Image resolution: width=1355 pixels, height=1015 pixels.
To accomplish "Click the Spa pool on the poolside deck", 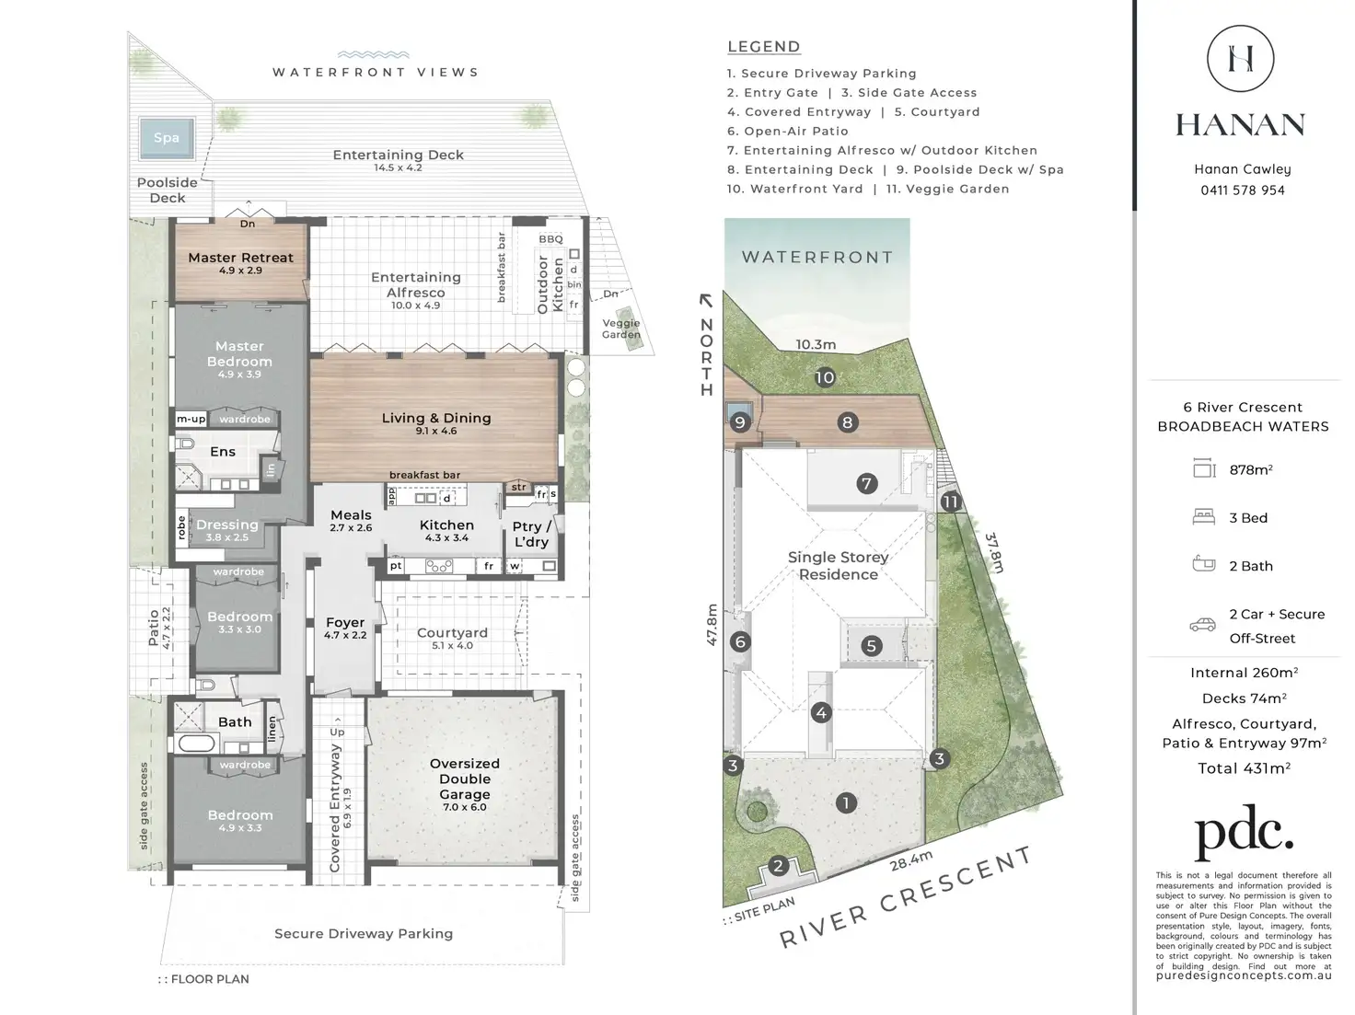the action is click(167, 138).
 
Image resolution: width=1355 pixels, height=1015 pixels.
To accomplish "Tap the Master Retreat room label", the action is click(240, 259).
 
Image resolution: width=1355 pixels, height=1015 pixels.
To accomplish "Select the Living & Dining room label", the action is click(435, 419).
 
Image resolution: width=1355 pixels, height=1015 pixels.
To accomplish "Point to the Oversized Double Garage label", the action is click(464, 779).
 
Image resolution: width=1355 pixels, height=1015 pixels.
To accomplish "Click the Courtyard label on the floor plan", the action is click(452, 633).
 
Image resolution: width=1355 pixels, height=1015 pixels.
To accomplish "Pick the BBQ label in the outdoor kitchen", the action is click(550, 239).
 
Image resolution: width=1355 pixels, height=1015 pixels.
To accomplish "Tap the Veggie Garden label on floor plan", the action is click(621, 329).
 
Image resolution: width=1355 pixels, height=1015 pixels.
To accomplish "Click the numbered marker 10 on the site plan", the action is click(825, 377).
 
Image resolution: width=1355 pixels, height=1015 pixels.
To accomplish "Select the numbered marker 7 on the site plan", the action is click(866, 483).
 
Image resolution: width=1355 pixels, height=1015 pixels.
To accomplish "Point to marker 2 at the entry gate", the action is click(779, 866).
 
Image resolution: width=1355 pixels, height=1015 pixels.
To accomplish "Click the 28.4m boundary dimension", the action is click(910, 860).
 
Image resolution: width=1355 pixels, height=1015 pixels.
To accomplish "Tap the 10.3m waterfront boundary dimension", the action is click(816, 345).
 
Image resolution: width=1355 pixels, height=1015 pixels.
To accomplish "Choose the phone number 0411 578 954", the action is click(1242, 190).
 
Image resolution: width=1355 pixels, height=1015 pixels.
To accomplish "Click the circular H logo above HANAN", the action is click(1240, 59).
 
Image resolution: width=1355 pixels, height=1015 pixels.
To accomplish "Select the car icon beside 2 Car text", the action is click(1202, 625).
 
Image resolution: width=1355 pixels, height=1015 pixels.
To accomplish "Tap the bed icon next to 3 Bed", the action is click(1203, 517).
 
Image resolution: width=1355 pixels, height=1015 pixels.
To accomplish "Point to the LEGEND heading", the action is click(763, 47).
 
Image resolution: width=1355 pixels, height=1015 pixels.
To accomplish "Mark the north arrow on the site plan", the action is click(706, 300).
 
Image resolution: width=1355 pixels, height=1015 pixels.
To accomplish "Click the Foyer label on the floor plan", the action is click(345, 623).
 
